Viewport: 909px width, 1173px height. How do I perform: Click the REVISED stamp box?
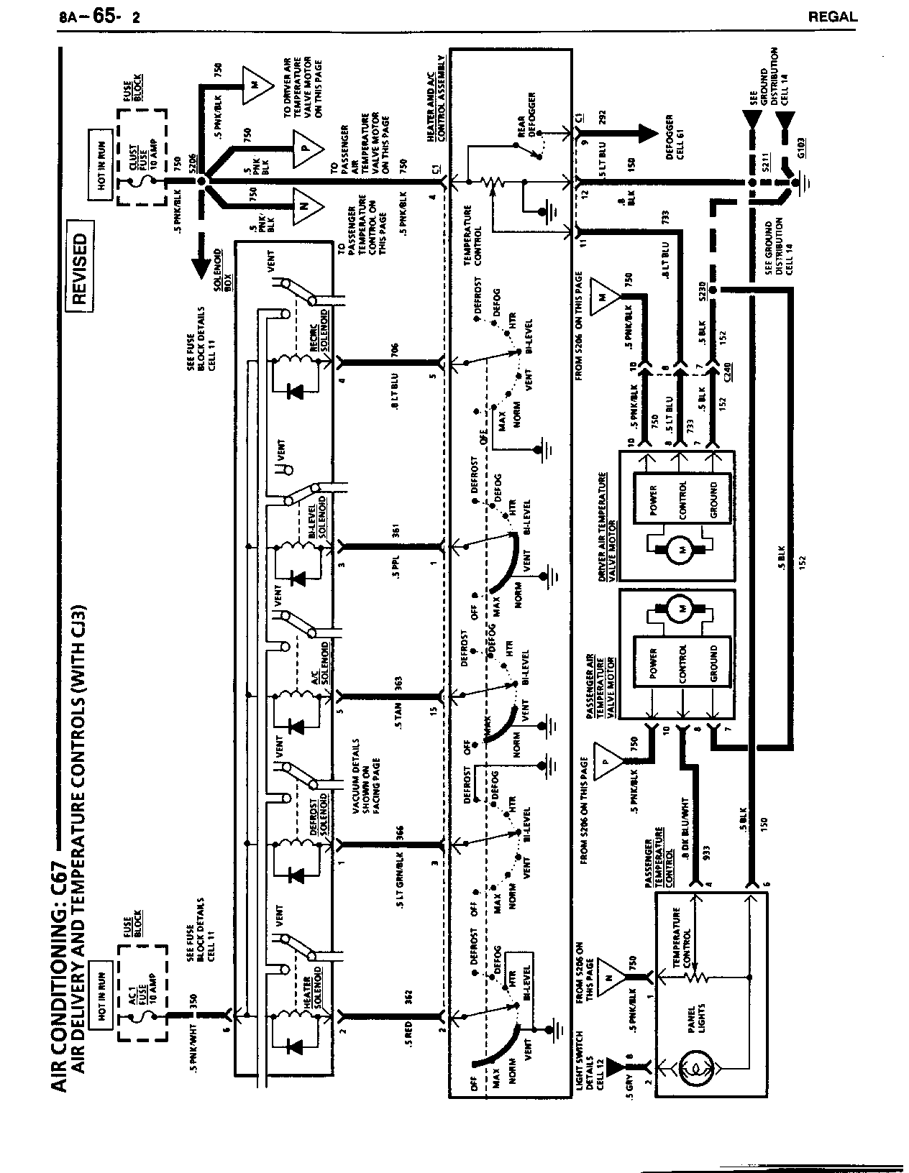(81, 270)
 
